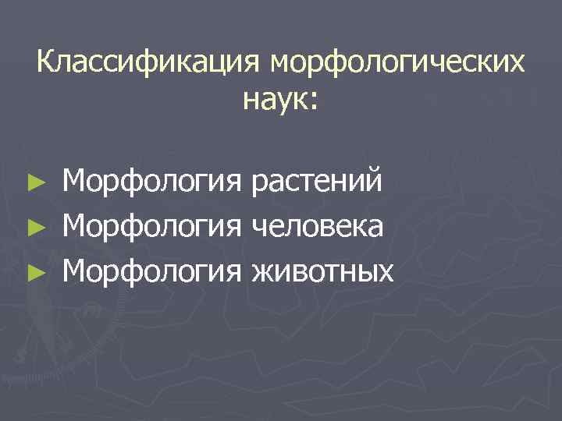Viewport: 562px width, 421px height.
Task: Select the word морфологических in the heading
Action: [x=397, y=62]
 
